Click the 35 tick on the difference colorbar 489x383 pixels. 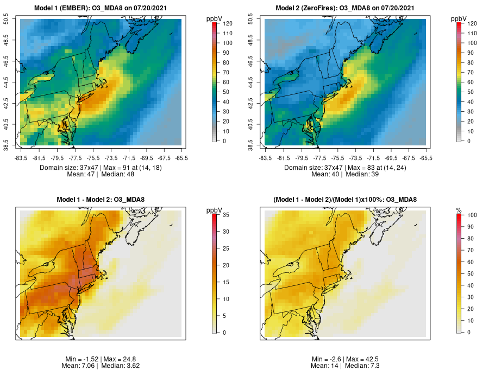coord(223,215)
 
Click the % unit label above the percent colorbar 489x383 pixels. coord(459,210)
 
